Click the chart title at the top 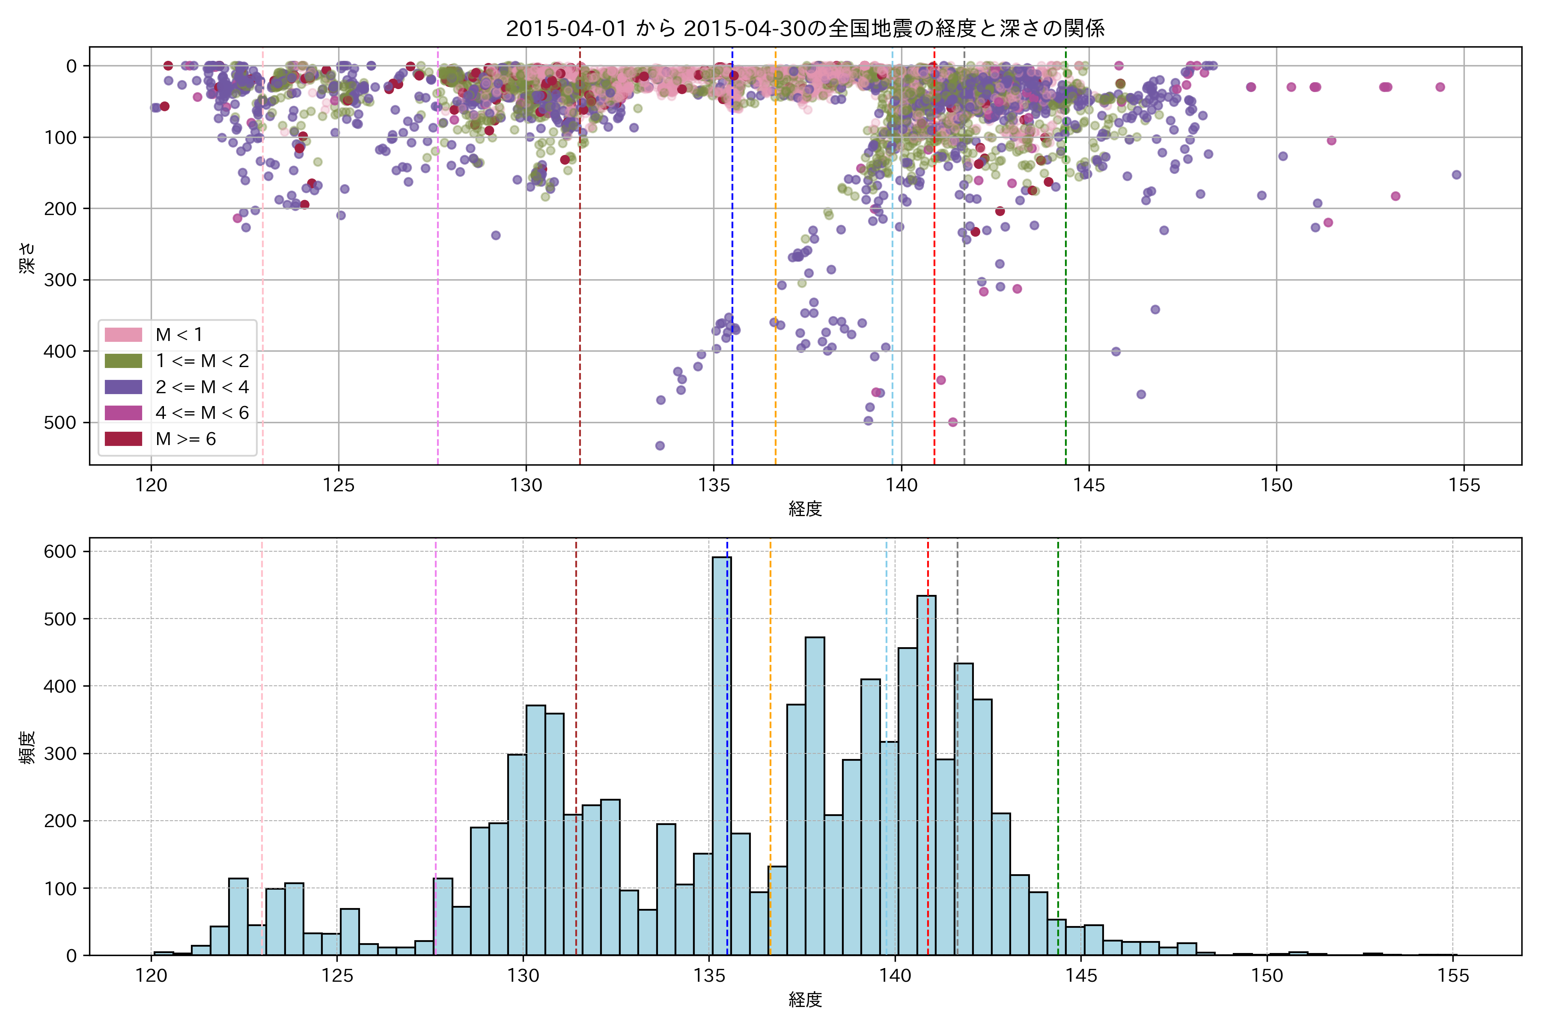(805, 28)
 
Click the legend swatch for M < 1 (123, 335)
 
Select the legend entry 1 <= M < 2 (202, 361)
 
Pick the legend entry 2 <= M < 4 (202, 387)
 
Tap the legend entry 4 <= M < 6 (202, 413)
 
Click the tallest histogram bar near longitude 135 (721, 754)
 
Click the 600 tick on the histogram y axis (60, 551)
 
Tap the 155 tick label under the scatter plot (1464, 486)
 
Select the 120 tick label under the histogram (152, 976)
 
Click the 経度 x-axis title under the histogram (805, 1000)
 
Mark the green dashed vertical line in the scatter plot (1065, 262)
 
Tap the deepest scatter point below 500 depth (660, 446)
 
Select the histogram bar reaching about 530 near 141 (926, 774)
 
